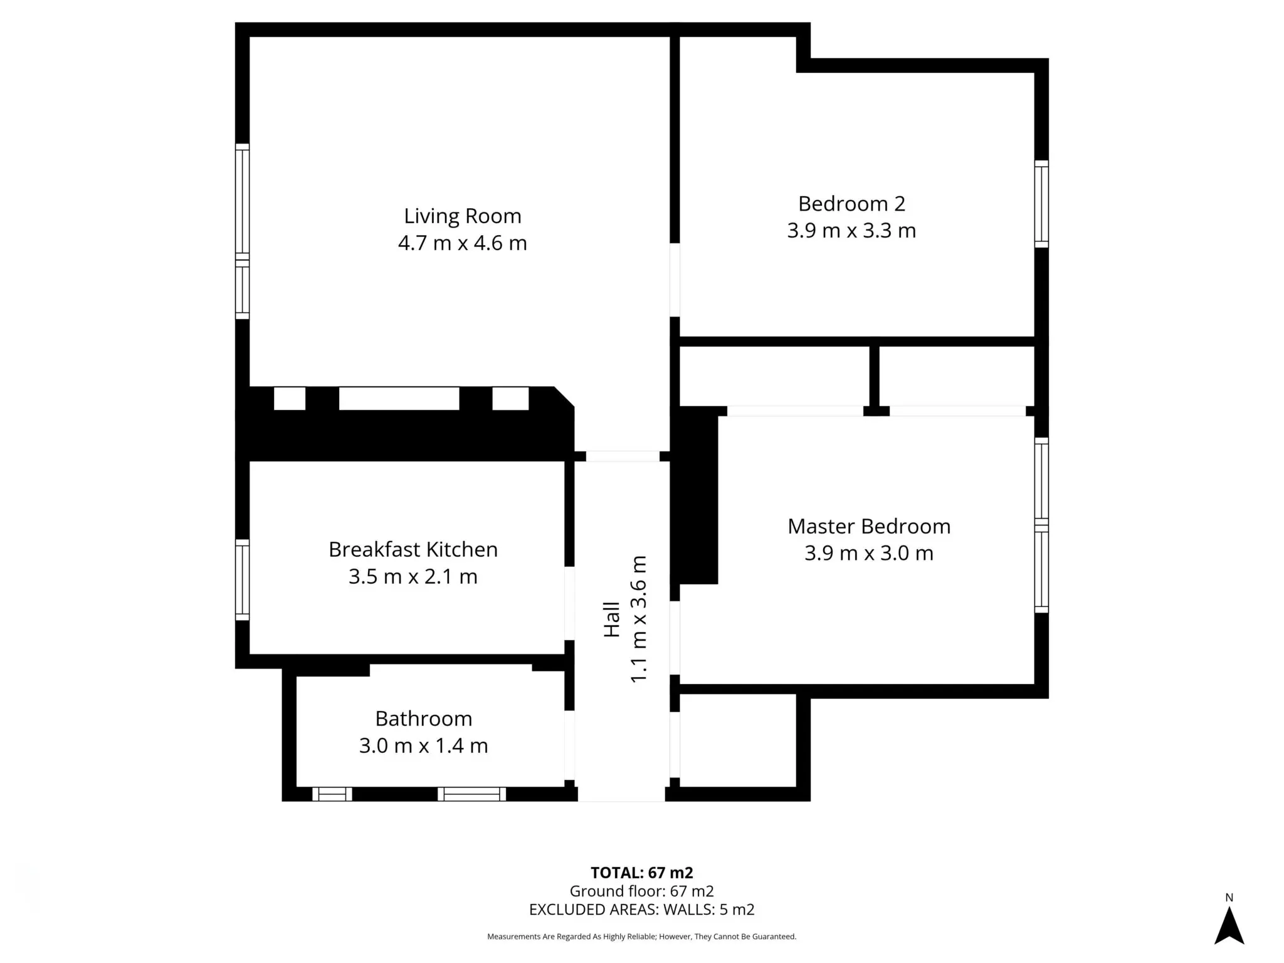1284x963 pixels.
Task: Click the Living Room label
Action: [x=463, y=216]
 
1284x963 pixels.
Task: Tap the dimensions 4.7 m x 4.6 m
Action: [x=463, y=243]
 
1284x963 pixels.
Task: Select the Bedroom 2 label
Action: [x=851, y=204]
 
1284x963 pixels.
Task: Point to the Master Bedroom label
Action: [x=869, y=526]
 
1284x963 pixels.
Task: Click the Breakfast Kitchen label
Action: [x=413, y=549]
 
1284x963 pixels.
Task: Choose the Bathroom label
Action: [x=424, y=718]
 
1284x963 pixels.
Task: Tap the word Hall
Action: [x=612, y=619]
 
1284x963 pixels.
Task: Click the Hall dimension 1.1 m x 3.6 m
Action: [x=638, y=619]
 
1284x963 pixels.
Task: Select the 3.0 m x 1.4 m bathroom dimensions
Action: [x=424, y=745]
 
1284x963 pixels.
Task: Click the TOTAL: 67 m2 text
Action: [x=642, y=873]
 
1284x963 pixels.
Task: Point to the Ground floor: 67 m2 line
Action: [x=642, y=891]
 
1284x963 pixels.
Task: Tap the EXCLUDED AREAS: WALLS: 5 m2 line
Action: [x=642, y=910]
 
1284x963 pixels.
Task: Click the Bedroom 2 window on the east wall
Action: [x=1041, y=204]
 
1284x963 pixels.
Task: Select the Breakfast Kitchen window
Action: [x=242, y=580]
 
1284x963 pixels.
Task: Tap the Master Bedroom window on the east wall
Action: [x=1041, y=525]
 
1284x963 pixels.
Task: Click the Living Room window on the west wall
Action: [x=242, y=231]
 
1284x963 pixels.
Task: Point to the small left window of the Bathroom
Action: [x=332, y=794]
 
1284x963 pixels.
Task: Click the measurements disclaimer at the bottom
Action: [x=642, y=937]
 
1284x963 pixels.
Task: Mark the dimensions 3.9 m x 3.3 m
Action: [x=851, y=231]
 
